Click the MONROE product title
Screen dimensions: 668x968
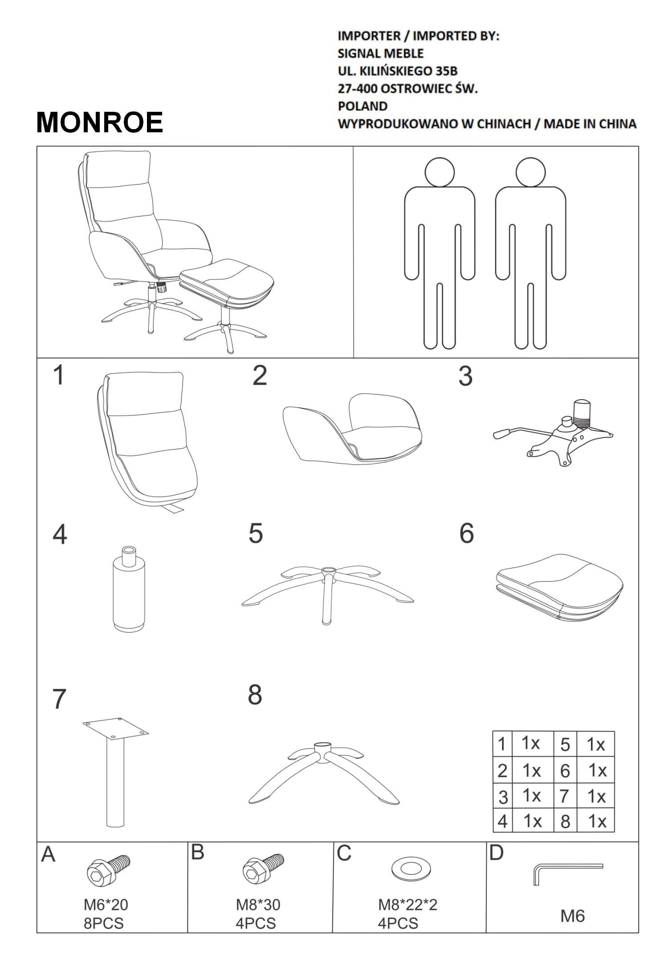(x=100, y=122)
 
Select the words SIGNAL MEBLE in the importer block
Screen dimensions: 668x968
(x=381, y=53)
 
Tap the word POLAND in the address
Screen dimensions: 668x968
(x=363, y=106)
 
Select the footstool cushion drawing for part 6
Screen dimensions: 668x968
(x=559, y=587)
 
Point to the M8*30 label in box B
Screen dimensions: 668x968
(x=258, y=905)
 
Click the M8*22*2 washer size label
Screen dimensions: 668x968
(x=408, y=905)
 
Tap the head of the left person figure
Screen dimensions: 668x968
(x=440, y=172)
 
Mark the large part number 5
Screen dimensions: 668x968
(x=256, y=533)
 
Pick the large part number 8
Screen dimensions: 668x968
(x=255, y=694)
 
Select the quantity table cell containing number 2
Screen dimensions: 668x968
(x=502, y=770)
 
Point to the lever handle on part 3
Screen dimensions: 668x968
(x=502, y=433)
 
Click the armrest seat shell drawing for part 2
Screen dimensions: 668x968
(x=352, y=427)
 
